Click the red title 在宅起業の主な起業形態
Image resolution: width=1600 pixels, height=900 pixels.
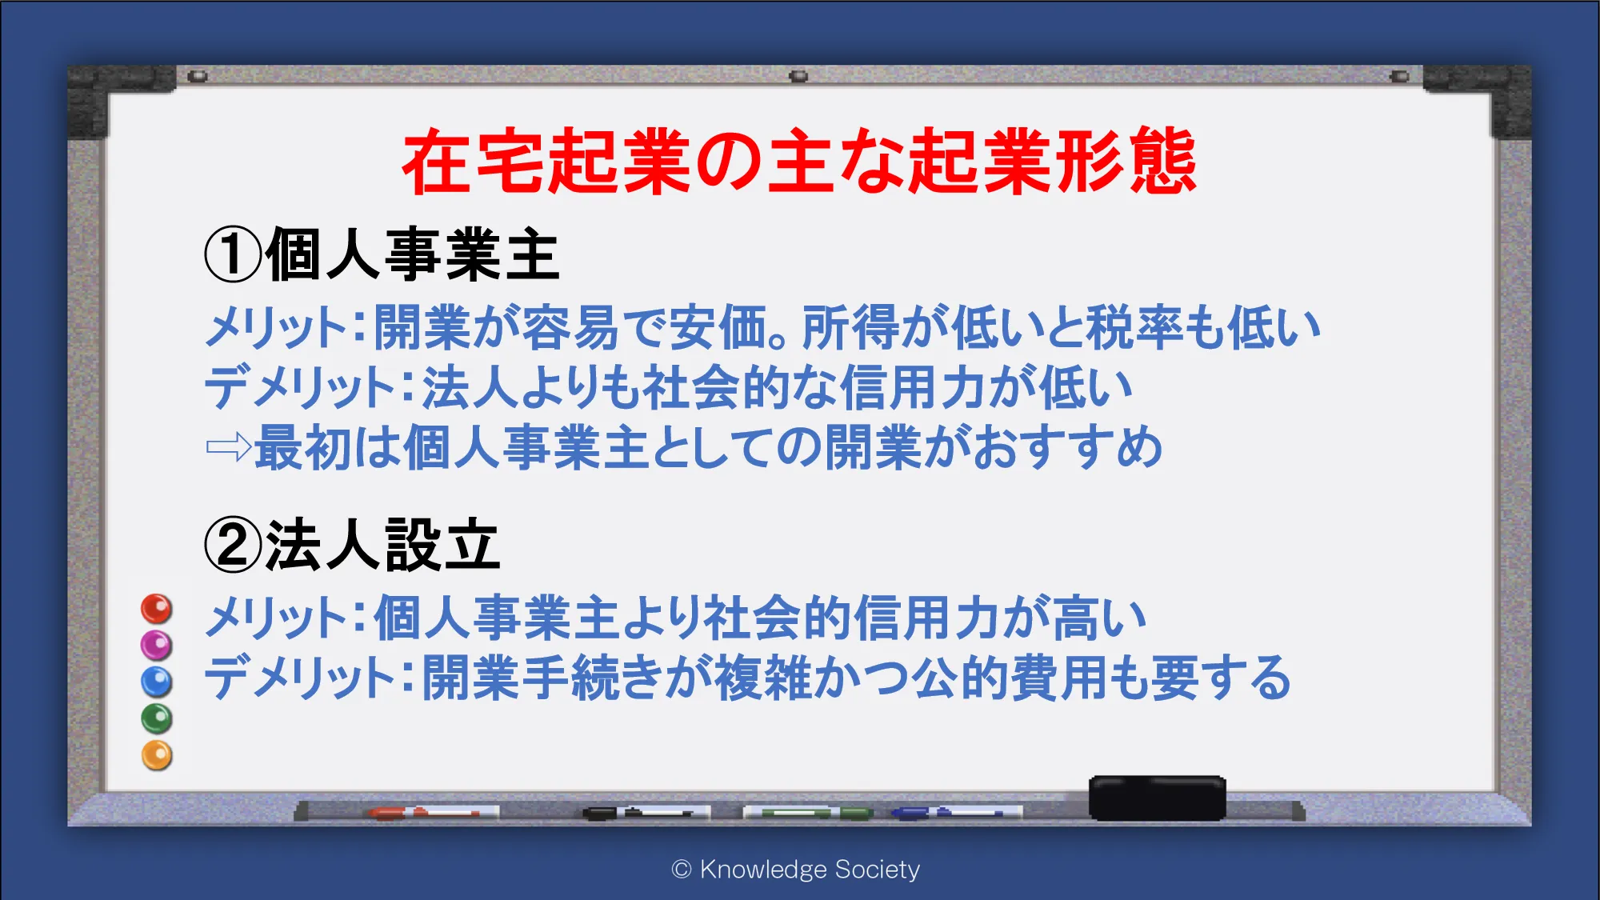[799, 162]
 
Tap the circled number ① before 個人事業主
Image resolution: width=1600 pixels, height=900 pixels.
[233, 254]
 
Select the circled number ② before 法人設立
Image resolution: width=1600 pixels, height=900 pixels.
[233, 545]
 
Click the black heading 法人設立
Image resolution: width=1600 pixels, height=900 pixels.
[383, 545]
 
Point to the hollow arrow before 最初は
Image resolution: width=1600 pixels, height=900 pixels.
[230, 446]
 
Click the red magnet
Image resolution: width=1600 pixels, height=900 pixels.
[157, 609]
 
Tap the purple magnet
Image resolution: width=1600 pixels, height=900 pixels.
[157, 645]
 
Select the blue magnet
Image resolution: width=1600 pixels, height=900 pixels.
[157, 682]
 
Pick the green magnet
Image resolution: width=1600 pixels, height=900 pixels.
[157, 718]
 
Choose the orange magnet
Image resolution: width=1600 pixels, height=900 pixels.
[157, 755]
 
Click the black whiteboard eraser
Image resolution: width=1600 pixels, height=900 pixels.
[1158, 798]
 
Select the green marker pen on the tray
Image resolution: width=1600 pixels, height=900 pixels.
[808, 813]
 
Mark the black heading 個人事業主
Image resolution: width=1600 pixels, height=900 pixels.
[413, 254]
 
